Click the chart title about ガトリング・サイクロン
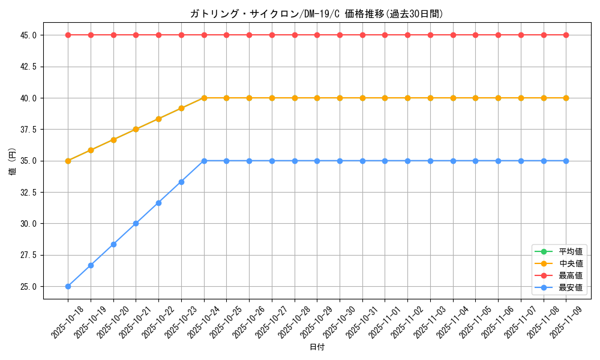coord(316,14)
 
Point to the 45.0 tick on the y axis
coord(28,35)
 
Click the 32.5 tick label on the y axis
coord(28,192)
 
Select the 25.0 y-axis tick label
coord(28,286)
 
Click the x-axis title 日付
coord(317,347)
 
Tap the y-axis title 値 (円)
coord(13,161)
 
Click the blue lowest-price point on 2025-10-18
coord(68,286)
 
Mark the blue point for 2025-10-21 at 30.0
coord(136,223)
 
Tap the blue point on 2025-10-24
coord(204,161)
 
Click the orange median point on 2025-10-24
coord(204,98)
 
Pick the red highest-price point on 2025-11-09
coord(566,35)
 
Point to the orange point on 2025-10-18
coord(68,161)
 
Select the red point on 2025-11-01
coord(385,35)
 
